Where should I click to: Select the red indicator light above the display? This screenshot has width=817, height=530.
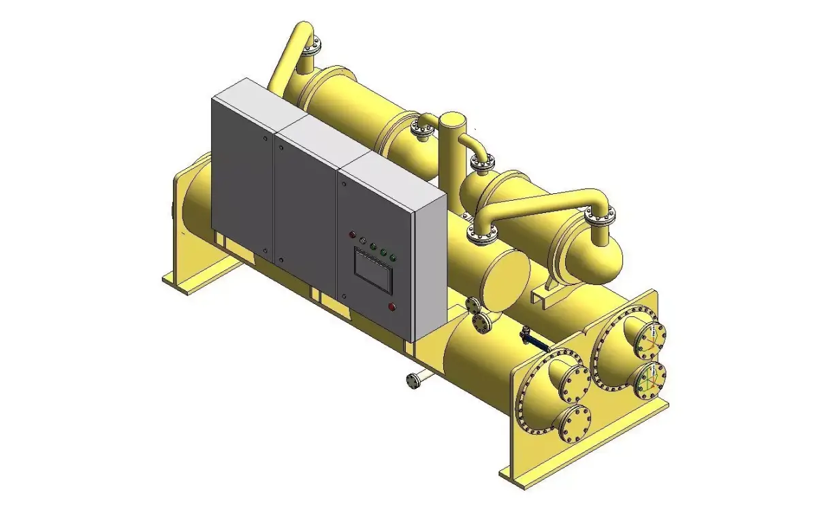[x=352, y=235]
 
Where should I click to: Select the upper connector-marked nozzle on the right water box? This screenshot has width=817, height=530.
[x=650, y=336]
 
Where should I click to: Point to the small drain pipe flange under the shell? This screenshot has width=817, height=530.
[x=412, y=381]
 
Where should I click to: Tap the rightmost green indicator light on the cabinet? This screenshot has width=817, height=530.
[x=394, y=258]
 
